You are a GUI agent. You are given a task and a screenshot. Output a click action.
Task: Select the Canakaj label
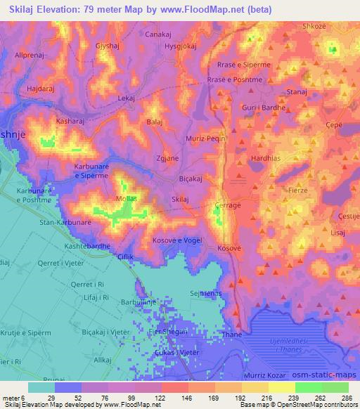pos(158,34)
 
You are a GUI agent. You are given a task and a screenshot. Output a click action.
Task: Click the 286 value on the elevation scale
pos(346,397)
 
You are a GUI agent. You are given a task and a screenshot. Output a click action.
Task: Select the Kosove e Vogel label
pos(177,240)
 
